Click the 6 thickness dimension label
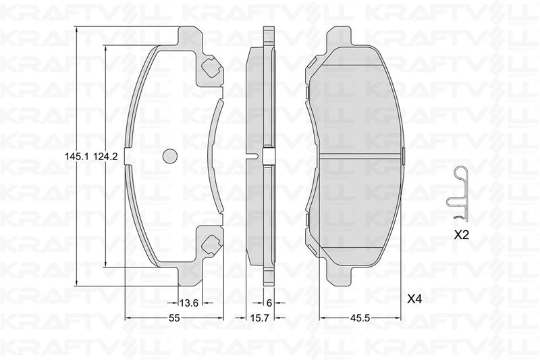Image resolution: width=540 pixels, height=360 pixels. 268,303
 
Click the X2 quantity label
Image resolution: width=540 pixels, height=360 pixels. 461,236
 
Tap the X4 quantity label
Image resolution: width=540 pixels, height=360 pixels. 414,297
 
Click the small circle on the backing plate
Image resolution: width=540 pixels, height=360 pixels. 169,155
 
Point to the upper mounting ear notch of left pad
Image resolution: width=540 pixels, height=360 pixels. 211,67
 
